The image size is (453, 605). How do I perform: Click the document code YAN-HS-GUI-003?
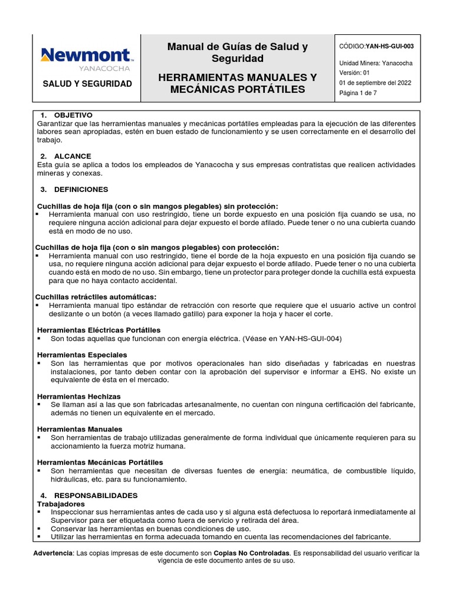click(389, 45)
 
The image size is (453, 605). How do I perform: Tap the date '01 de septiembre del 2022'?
click(375, 83)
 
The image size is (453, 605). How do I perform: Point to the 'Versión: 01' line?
click(354, 73)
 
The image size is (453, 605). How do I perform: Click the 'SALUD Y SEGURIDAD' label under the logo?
click(87, 84)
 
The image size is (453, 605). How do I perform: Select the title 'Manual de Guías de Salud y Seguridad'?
click(238, 53)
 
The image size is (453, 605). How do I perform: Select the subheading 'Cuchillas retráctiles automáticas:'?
click(97, 297)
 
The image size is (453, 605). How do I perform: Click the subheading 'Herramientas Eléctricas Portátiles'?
click(99, 330)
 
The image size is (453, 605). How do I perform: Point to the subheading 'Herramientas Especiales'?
click(82, 354)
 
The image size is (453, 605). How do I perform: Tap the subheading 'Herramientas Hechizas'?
click(79, 396)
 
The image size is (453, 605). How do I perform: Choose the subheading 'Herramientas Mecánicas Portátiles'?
click(100, 462)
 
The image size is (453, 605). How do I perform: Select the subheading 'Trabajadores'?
click(61, 503)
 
